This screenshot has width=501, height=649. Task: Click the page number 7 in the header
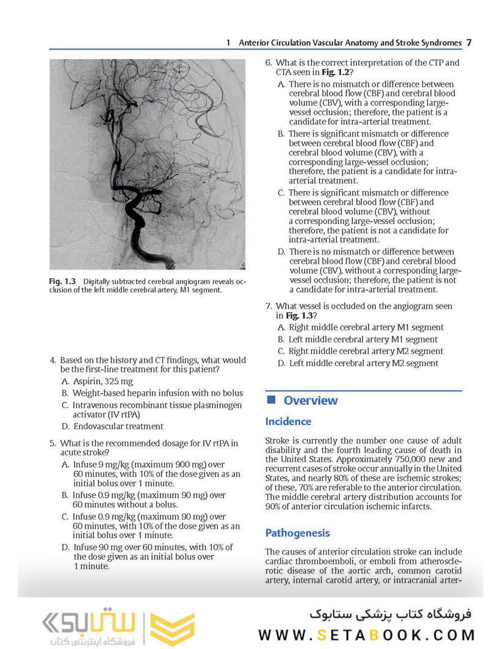[469, 43]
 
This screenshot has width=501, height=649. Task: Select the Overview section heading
[310, 401]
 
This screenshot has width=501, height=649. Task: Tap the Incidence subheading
[288, 421]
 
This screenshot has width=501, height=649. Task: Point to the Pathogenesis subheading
[297, 533]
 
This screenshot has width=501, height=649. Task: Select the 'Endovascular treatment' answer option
[118, 426]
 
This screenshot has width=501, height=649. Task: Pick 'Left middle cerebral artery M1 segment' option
[363, 339]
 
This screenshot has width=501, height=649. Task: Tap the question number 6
[268, 63]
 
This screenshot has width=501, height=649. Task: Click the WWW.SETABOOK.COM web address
[366, 635]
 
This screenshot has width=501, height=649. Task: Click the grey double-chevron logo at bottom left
[56, 622]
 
